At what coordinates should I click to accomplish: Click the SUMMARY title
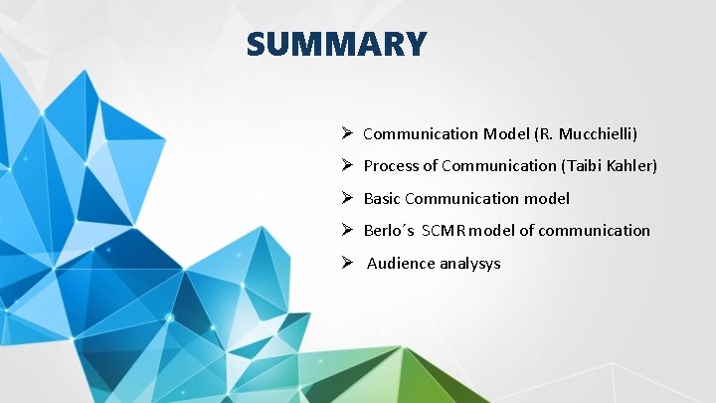(x=337, y=45)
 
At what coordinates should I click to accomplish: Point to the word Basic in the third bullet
(x=382, y=199)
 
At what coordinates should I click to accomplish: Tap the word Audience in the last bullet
(x=401, y=264)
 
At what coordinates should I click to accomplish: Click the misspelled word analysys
(x=469, y=264)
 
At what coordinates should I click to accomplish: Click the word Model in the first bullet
(x=506, y=133)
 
